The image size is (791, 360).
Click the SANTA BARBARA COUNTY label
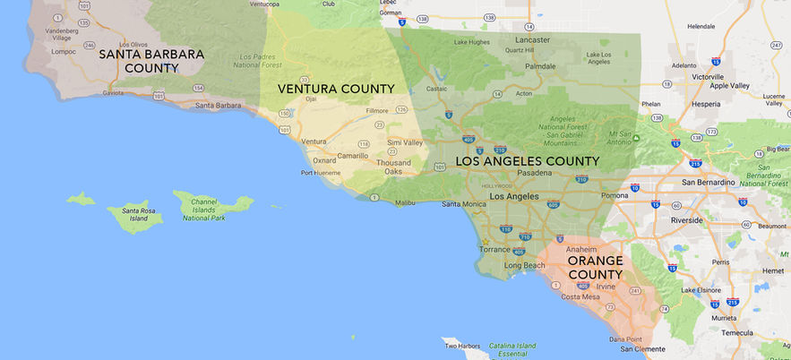click(151, 61)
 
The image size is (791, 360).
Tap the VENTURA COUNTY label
click(336, 89)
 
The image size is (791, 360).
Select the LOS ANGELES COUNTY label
click(528, 161)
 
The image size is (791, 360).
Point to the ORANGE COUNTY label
click(595, 267)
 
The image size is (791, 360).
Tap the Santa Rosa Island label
click(127, 215)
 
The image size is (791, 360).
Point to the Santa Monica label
click(463, 204)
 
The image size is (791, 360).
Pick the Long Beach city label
click(525, 265)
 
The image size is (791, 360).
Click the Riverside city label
click(687, 219)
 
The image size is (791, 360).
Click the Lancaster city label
click(533, 39)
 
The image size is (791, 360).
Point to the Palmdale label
click(540, 66)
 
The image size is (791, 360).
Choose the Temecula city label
click(738, 332)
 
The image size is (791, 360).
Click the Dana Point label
click(627, 339)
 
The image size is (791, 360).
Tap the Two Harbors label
click(464, 346)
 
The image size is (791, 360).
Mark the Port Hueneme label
click(320, 173)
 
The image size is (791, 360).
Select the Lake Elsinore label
click(702, 290)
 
